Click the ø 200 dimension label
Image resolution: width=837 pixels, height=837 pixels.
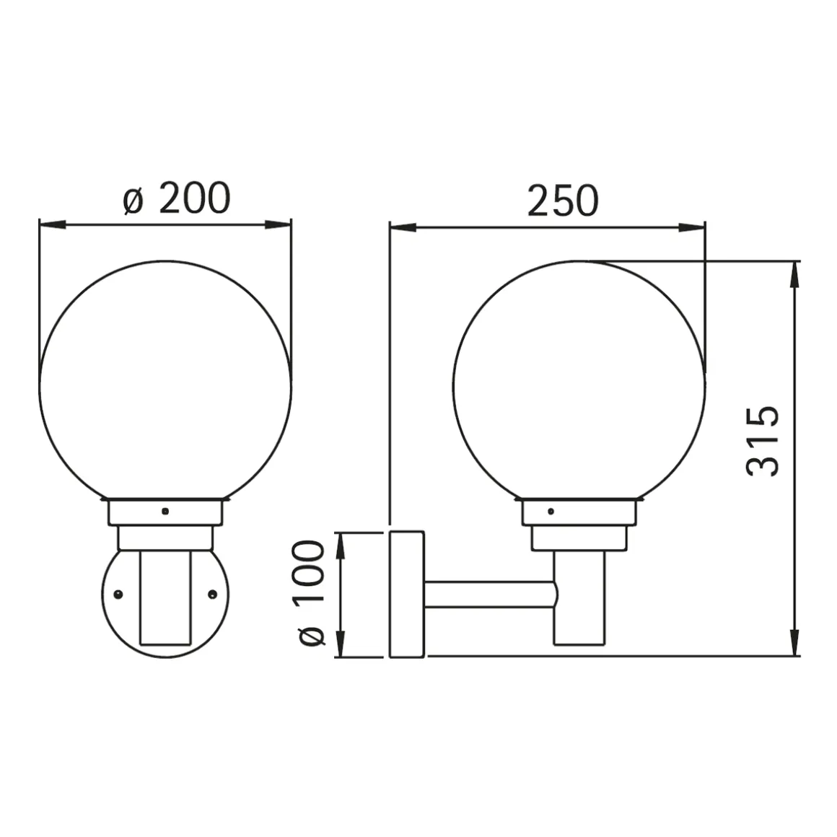177,198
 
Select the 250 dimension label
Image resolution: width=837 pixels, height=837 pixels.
563,201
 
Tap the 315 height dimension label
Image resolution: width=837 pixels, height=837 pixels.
762,441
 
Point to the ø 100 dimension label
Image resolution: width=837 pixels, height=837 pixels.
310,593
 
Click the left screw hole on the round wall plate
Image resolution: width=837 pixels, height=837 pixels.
118,594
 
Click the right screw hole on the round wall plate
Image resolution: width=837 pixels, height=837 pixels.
212,594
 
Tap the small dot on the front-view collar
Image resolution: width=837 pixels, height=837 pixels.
165,512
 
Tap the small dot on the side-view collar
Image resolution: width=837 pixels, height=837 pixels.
551,512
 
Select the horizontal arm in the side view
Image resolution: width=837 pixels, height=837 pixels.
490,594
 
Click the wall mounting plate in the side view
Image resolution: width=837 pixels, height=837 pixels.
407,594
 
